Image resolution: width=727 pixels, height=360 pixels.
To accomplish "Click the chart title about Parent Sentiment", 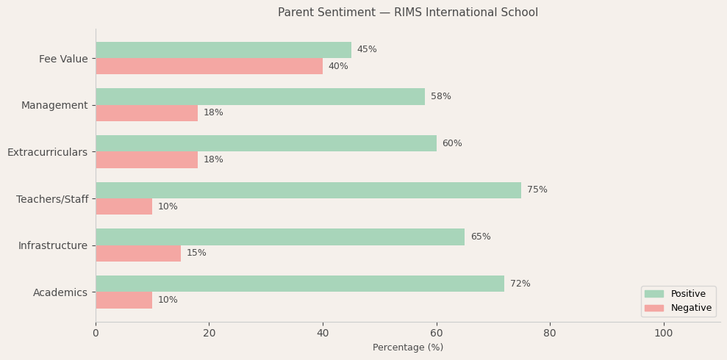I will [407, 12].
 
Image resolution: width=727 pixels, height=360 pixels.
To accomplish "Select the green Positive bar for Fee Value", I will [223, 50].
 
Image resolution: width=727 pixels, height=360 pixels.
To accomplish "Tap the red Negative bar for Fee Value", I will [209, 66].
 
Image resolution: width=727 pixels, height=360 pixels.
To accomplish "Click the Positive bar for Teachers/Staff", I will [308, 190].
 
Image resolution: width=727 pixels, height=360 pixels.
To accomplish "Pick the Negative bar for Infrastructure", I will [138, 253].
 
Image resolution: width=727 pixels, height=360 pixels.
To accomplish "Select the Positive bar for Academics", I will [300, 284].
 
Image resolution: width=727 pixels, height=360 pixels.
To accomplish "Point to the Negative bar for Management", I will [146, 113].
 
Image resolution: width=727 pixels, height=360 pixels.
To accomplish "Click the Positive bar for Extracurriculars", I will [266, 143].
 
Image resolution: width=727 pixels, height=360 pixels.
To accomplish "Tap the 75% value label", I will [537, 190].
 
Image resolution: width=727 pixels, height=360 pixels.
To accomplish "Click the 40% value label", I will [338, 67].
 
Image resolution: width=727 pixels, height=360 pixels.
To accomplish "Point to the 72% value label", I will [520, 284].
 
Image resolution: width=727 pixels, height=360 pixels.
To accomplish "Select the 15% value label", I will [196, 253].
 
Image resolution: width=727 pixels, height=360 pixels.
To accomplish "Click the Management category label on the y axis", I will [54, 105].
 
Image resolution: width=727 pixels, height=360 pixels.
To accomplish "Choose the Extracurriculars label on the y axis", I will [47, 152].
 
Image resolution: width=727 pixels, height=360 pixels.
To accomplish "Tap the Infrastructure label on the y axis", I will [53, 245].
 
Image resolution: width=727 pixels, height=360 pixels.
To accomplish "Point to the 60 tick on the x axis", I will [437, 334].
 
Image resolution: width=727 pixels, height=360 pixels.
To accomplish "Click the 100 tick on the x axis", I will [663, 334].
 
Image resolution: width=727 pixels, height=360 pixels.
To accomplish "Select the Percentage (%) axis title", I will [407, 348].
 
